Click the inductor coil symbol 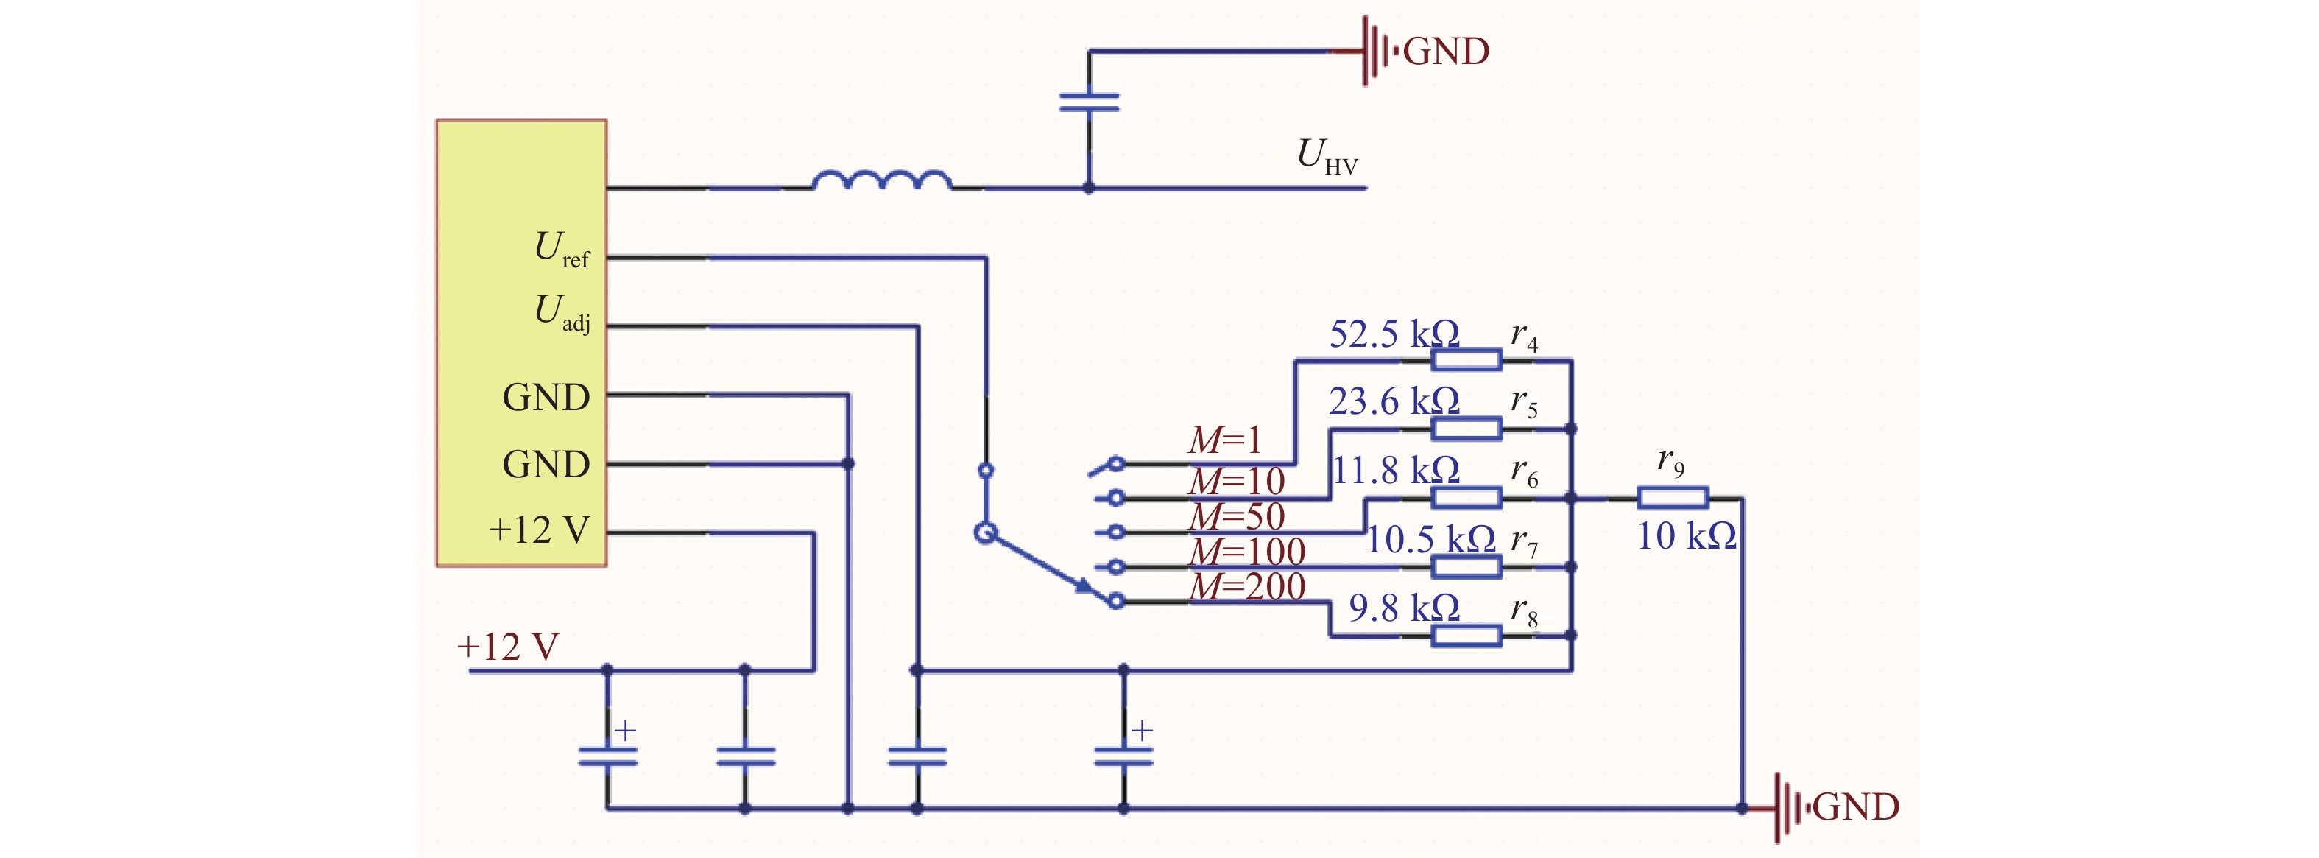[881, 180]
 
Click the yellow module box [521, 343]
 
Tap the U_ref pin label [562, 248]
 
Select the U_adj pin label [562, 312]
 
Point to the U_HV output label [1327, 157]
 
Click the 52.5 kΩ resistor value [1394, 334]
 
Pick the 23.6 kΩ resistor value [1394, 401]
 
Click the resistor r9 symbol [1672, 498]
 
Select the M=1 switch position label [1225, 440]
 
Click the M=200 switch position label [1247, 586]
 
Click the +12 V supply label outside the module [508, 647]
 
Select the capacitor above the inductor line [1090, 102]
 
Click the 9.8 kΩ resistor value [1403, 608]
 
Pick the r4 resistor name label [1524, 337]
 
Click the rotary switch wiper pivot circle [986, 533]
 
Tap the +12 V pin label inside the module [538, 530]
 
